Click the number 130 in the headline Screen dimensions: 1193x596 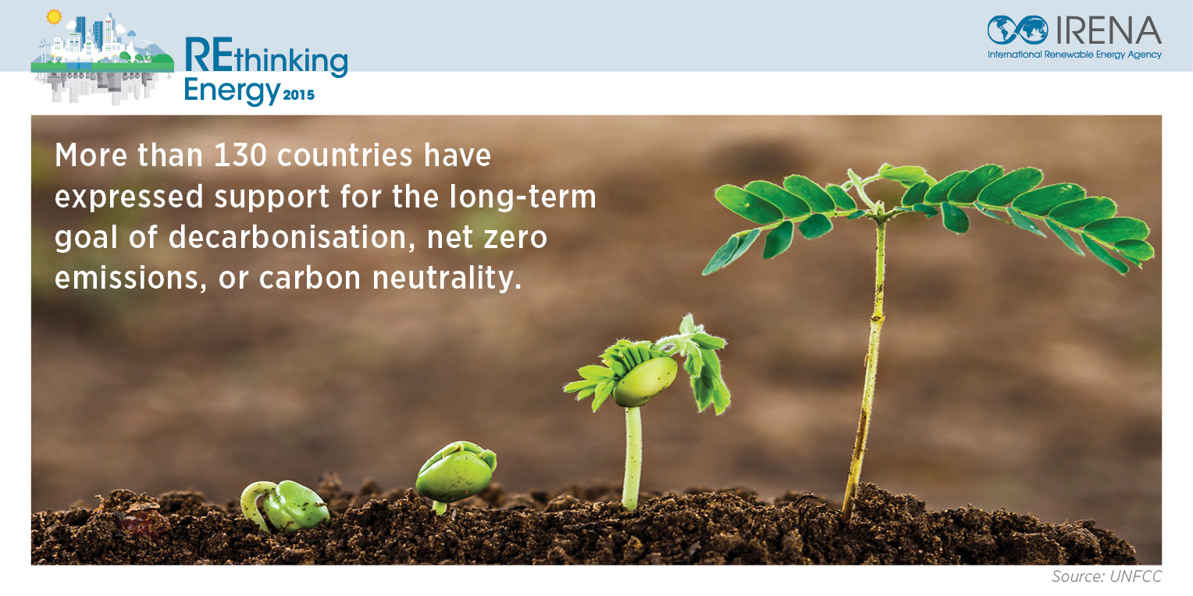click(x=240, y=155)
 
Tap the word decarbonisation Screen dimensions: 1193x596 click(x=291, y=237)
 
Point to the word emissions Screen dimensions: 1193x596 click(x=130, y=278)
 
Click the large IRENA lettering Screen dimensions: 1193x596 click(x=1108, y=30)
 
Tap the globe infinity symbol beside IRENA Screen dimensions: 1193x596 click(x=1017, y=30)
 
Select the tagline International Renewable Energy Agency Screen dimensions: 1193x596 click(x=1074, y=55)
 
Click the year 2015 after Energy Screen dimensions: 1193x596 click(x=299, y=95)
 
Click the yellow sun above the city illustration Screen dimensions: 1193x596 click(x=54, y=17)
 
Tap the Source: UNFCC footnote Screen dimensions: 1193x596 click(x=1106, y=576)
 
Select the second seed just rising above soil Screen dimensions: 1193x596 click(x=456, y=473)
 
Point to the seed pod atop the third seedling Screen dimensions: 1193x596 click(x=645, y=381)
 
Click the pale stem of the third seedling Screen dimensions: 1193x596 click(x=632, y=458)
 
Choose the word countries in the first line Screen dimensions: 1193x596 click(x=344, y=155)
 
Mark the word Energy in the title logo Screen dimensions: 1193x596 click(x=232, y=91)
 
